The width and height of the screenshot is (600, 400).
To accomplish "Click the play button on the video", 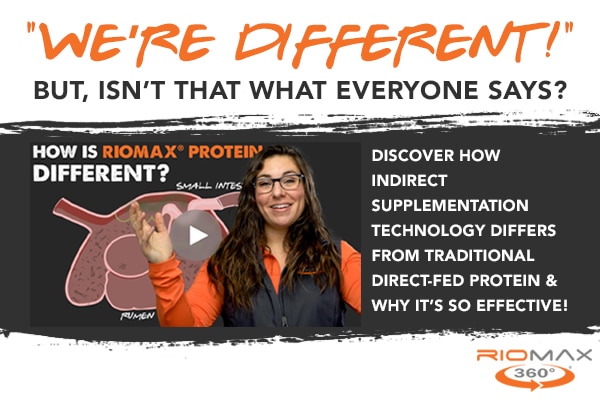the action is click(x=196, y=235).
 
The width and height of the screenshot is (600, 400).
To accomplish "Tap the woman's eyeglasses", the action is click(x=279, y=183).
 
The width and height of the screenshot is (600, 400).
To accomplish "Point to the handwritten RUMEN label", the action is click(x=137, y=316).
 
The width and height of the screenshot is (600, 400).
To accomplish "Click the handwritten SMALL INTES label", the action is click(x=209, y=186).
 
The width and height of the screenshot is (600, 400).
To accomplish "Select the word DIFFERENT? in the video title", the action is click(x=101, y=173).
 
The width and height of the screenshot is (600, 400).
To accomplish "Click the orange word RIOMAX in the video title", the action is click(x=140, y=152).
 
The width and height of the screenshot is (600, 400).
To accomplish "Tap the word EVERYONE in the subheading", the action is click(x=407, y=90).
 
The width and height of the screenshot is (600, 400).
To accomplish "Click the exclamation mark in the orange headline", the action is click(x=553, y=38).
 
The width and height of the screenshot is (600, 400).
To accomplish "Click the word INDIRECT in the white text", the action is click(x=409, y=181).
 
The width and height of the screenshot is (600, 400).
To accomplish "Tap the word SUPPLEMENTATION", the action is click(x=450, y=206).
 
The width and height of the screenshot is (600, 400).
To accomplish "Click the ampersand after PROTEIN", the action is click(x=551, y=281).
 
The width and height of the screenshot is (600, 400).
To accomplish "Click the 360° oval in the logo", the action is click(x=535, y=376).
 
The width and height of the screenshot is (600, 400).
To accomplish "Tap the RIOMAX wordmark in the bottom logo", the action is click(x=534, y=355).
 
